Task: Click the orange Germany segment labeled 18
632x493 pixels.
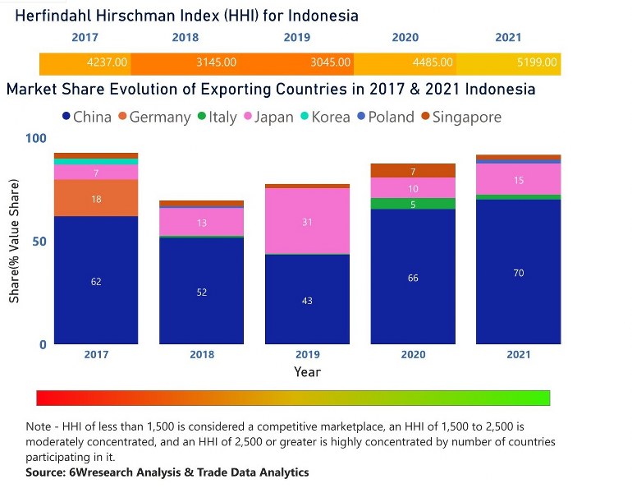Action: (x=96, y=198)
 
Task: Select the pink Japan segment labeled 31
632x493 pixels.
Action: (x=307, y=221)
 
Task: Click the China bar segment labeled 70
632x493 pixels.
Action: (x=518, y=272)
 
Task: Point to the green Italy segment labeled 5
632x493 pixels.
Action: (x=413, y=204)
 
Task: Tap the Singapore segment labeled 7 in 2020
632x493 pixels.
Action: (x=413, y=171)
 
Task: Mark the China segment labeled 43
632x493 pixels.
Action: (x=307, y=300)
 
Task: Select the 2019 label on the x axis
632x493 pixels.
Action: (x=307, y=355)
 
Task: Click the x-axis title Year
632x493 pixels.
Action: (x=307, y=372)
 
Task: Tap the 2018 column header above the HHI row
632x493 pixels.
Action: (x=185, y=38)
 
